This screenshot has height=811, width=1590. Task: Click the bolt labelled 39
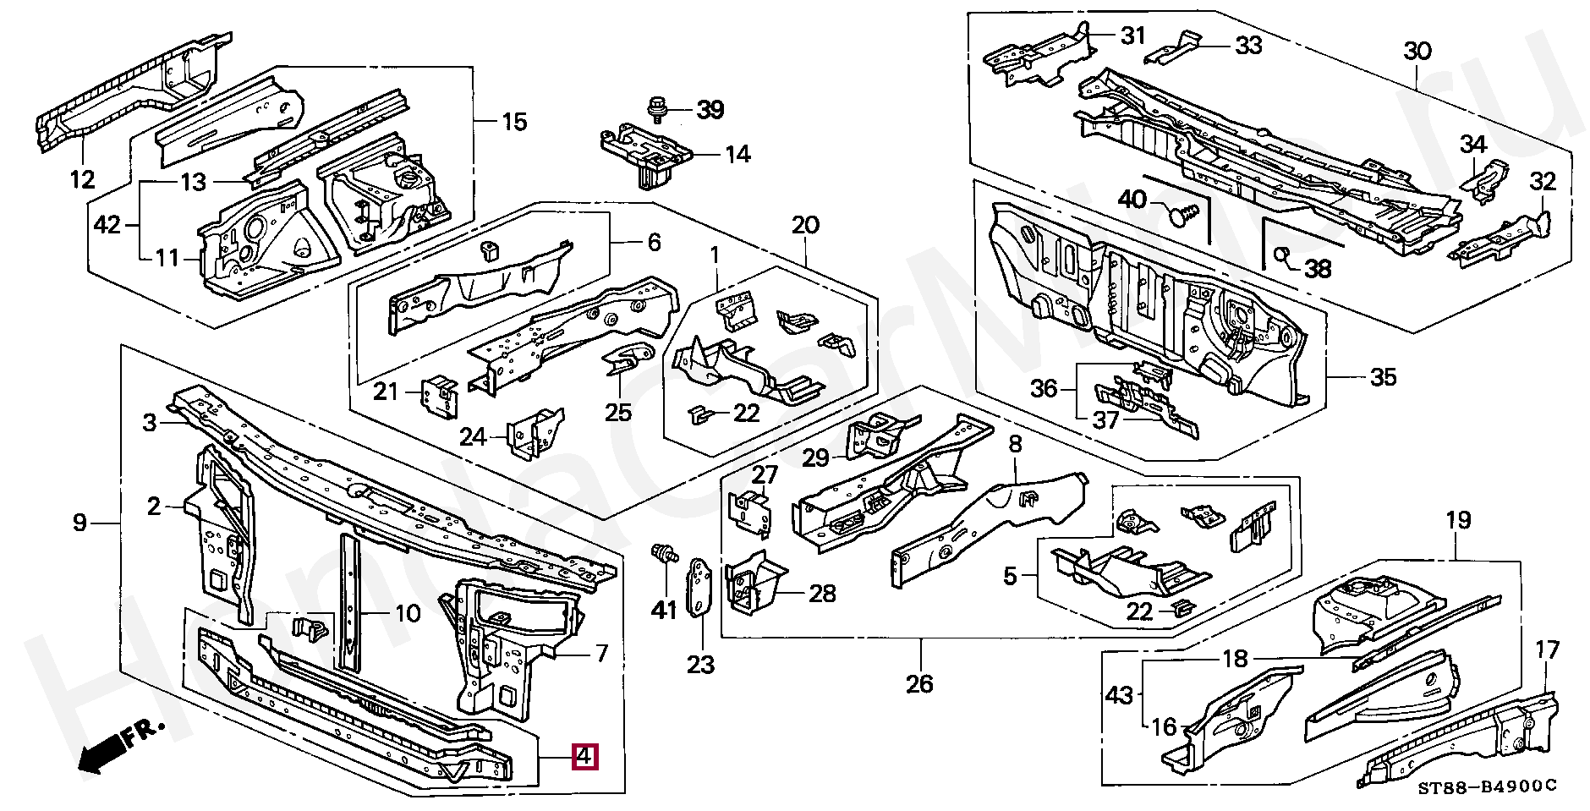(x=655, y=108)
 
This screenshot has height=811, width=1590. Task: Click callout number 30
(x=1417, y=52)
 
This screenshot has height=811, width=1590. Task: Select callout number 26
(x=919, y=682)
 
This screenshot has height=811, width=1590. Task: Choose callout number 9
(x=79, y=523)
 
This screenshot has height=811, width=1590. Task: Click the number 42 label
(x=107, y=225)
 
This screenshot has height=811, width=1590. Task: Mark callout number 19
(x=1458, y=520)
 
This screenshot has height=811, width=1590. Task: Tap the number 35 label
(x=1383, y=376)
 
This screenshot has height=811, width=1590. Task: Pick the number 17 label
(x=1547, y=650)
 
